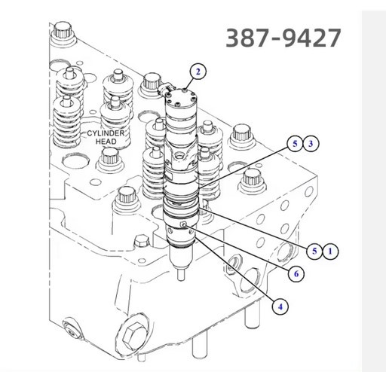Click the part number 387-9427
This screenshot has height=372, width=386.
[283, 38]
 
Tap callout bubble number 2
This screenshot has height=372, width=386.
[198, 72]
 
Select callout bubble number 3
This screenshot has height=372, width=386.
[311, 144]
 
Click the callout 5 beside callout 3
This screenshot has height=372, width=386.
[295, 144]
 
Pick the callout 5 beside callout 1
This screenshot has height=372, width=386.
[314, 251]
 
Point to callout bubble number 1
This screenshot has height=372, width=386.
[330, 251]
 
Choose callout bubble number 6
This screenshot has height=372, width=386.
[296, 274]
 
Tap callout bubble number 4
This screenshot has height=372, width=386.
[280, 306]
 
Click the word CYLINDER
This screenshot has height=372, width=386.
[106, 133]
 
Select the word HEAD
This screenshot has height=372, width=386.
[106, 142]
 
